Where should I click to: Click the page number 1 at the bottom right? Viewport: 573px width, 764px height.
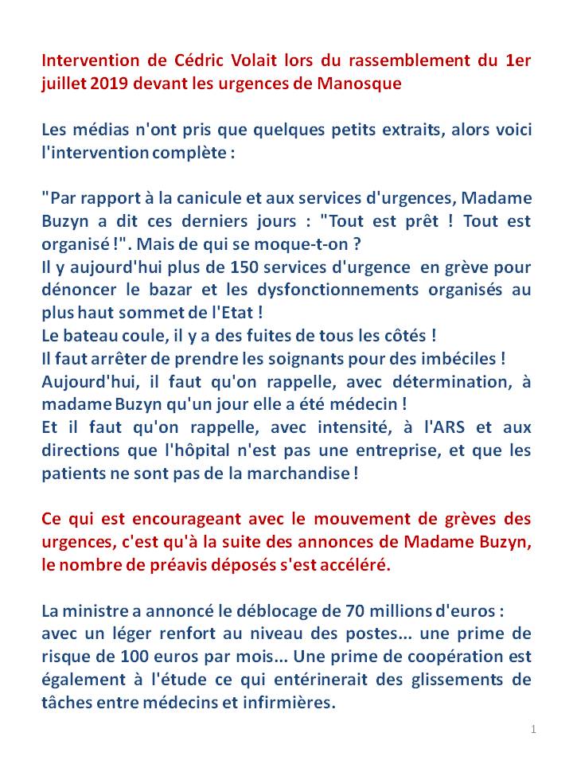(533, 728)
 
